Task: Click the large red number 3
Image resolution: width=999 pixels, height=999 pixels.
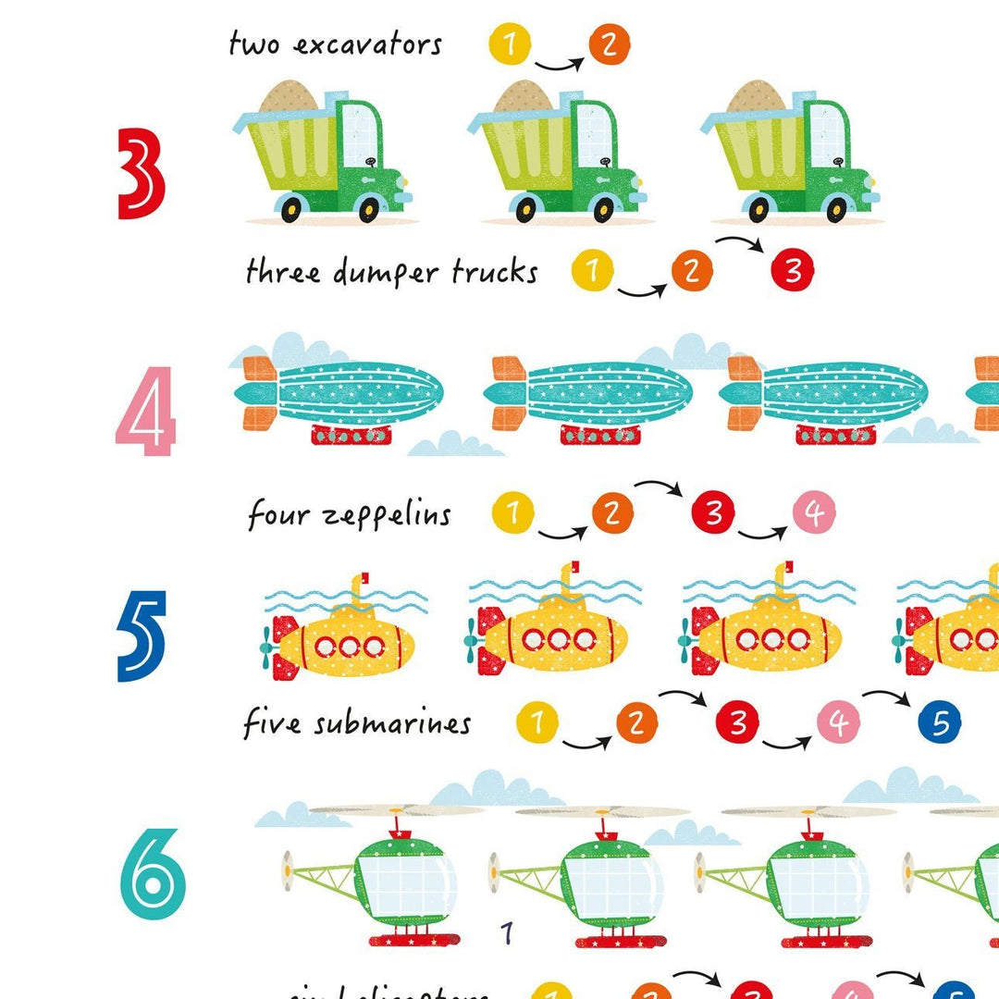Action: (x=142, y=173)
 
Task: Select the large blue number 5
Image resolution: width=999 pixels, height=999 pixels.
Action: (x=142, y=635)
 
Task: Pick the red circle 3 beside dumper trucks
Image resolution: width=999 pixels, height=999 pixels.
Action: (x=793, y=271)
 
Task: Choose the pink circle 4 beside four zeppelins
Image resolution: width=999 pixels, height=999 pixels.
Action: (x=813, y=513)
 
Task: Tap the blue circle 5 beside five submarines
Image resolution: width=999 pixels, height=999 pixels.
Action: (x=940, y=722)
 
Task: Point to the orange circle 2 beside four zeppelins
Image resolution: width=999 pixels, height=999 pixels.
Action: (x=610, y=513)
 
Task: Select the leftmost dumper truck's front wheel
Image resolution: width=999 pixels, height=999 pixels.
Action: (x=369, y=210)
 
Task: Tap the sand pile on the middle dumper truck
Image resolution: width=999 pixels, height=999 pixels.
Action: (x=524, y=97)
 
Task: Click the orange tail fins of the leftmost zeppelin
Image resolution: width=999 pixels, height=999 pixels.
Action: (x=258, y=393)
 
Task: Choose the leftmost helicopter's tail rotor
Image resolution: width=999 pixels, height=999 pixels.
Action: (x=289, y=869)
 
